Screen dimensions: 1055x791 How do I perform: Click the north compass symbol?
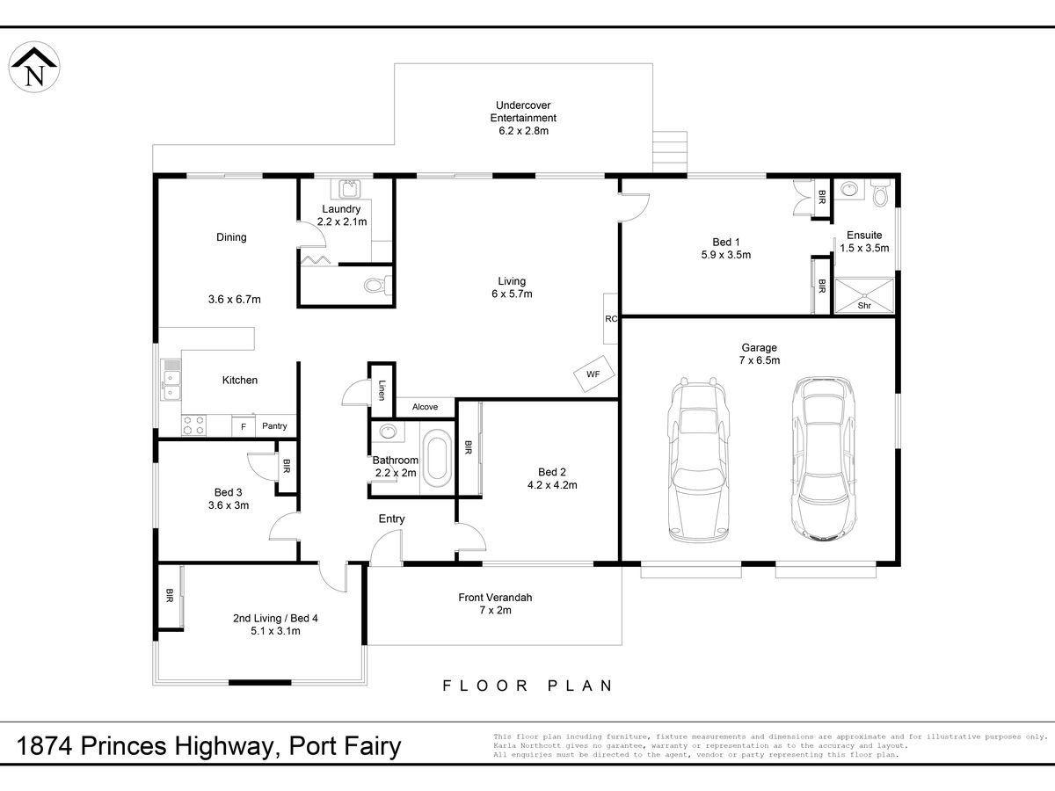pos(34,67)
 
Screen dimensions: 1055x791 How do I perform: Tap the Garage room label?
pos(759,347)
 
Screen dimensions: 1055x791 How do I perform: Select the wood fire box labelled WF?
pos(594,374)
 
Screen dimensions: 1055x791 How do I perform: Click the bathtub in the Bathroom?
pos(437,458)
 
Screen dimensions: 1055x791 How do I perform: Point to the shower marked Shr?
pos(864,296)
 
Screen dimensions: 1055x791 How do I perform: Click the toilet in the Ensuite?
pos(881,193)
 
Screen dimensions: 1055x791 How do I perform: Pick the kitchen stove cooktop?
pos(193,425)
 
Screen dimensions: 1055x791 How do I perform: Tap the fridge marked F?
pos(244,426)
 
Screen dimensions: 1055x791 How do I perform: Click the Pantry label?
pos(274,426)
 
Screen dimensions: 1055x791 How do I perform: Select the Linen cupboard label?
pos(382,390)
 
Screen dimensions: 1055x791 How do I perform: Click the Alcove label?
pos(425,407)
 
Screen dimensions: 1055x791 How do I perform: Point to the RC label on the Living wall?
pos(611,318)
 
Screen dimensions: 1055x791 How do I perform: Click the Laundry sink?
pos(348,189)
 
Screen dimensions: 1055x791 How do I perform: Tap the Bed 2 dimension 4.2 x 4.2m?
pos(552,485)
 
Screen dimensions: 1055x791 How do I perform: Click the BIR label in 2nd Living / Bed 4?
pos(169,596)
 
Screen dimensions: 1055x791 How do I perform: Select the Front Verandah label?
pos(495,598)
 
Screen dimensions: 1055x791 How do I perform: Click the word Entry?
pos(392,519)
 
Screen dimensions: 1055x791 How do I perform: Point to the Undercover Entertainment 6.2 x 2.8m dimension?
pos(523,131)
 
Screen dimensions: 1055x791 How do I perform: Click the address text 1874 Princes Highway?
pos(146,746)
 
